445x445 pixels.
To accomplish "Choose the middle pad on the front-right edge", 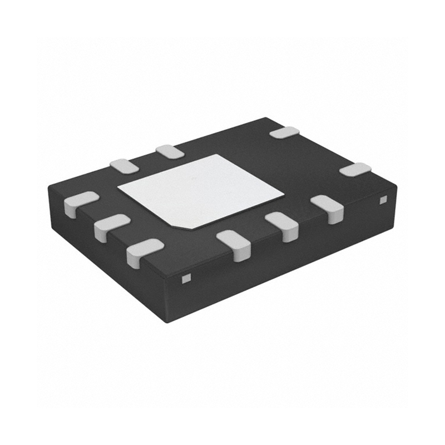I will (x=282, y=225).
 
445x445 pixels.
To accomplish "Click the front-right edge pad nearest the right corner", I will (x=328, y=207).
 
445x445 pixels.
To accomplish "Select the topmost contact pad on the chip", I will (x=284, y=132).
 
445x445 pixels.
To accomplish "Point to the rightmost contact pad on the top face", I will (x=355, y=169).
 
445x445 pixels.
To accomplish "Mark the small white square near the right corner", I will (x=382, y=199).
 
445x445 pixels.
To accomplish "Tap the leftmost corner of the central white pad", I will (x=117, y=187).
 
